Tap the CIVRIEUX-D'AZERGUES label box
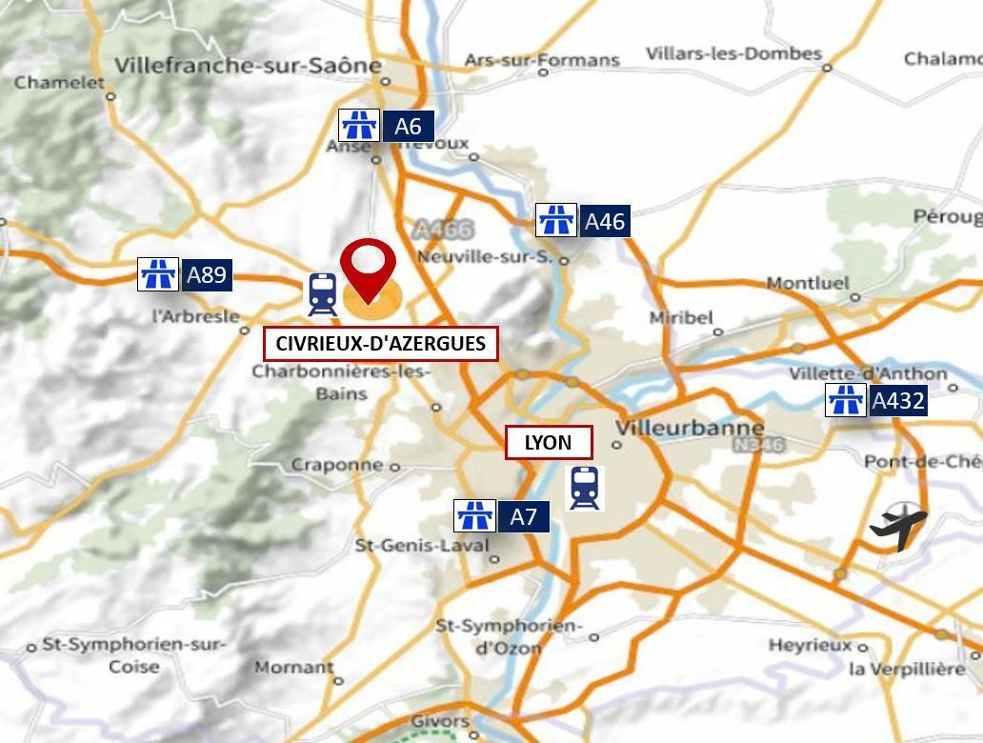380,344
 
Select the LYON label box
548,442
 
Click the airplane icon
897,527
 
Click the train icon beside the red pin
322,294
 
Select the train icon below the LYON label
584,488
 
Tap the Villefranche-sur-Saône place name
247,66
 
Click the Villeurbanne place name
690,428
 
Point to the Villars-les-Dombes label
733,53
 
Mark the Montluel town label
807,283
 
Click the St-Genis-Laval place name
421,546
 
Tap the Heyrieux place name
810,645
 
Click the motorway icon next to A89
158,275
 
